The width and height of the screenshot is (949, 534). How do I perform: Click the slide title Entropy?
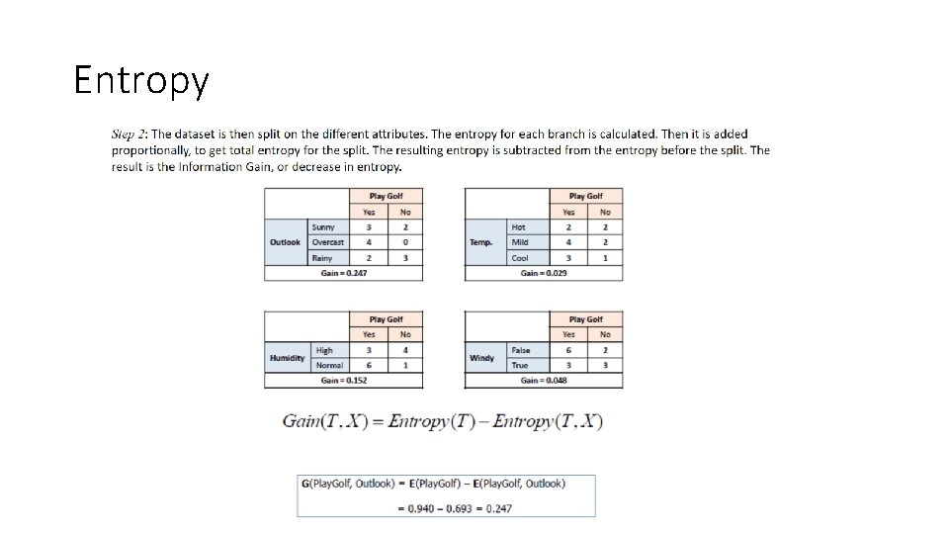coord(141,80)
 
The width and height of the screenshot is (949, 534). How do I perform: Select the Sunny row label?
coord(323,227)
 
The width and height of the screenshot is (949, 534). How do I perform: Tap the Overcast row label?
coord(327,242)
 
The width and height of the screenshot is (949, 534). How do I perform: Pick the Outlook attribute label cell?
coord(286,242)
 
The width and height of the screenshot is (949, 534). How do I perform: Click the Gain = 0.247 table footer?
coord(343,273)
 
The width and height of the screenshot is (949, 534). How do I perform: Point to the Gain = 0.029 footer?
coord(544,273)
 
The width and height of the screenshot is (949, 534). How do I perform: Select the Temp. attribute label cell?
coord(481,242)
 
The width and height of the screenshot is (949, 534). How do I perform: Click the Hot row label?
coord(519,227)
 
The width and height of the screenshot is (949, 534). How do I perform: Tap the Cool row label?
coord(520,258)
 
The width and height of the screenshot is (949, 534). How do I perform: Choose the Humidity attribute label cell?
coord(287,358)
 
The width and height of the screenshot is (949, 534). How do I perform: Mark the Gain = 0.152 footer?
coord(343,380)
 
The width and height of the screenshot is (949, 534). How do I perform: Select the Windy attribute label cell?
coord(481,358)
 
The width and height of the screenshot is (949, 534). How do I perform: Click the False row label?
coord(521,350)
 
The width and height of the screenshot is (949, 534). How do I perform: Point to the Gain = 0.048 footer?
coord(544,380)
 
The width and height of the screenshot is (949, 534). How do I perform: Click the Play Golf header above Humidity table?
coord(386,319)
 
